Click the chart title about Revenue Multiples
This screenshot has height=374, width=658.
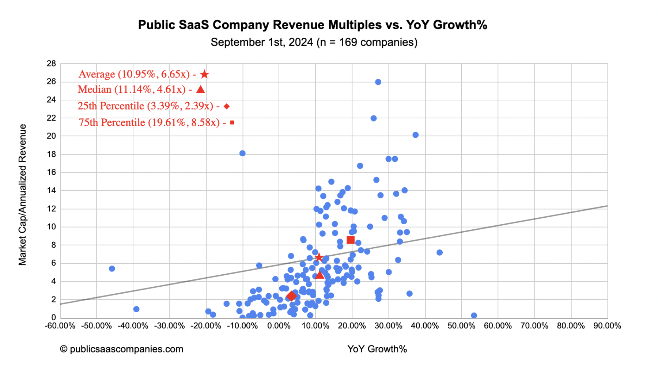(313, 25)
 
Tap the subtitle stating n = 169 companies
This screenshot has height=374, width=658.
(314, 42)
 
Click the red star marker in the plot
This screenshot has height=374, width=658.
(319, 257)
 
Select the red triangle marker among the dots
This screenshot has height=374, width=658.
(320, 275)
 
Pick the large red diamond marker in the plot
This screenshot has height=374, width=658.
(291, 296)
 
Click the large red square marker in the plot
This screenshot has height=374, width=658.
(351, 240)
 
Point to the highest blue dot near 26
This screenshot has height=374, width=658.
(378, 82)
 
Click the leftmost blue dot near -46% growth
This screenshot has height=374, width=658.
(112, 269)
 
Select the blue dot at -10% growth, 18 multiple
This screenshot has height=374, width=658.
(242, 153)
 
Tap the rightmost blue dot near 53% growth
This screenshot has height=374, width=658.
(474, 316)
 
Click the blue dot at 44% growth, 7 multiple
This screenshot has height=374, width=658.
(439, 253)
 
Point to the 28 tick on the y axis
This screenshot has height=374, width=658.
(52, 64)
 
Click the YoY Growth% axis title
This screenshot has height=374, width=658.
(377, 349)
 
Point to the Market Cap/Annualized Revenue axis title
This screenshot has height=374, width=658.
(23, 195)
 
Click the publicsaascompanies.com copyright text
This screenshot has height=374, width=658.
(122, 349)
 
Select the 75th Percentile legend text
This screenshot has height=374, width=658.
(149, 123)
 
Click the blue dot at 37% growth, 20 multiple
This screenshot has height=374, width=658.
(415, 135)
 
